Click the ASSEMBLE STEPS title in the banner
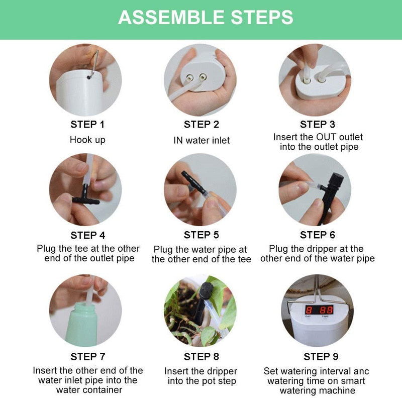(206, 18)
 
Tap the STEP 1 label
(87, 125)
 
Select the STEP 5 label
(201, 235)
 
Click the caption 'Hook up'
(87, 140)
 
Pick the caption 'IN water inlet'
(201, 140)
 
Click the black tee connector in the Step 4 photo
(85, 199)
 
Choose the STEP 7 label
(87, 357)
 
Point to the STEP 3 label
(317, 125)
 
